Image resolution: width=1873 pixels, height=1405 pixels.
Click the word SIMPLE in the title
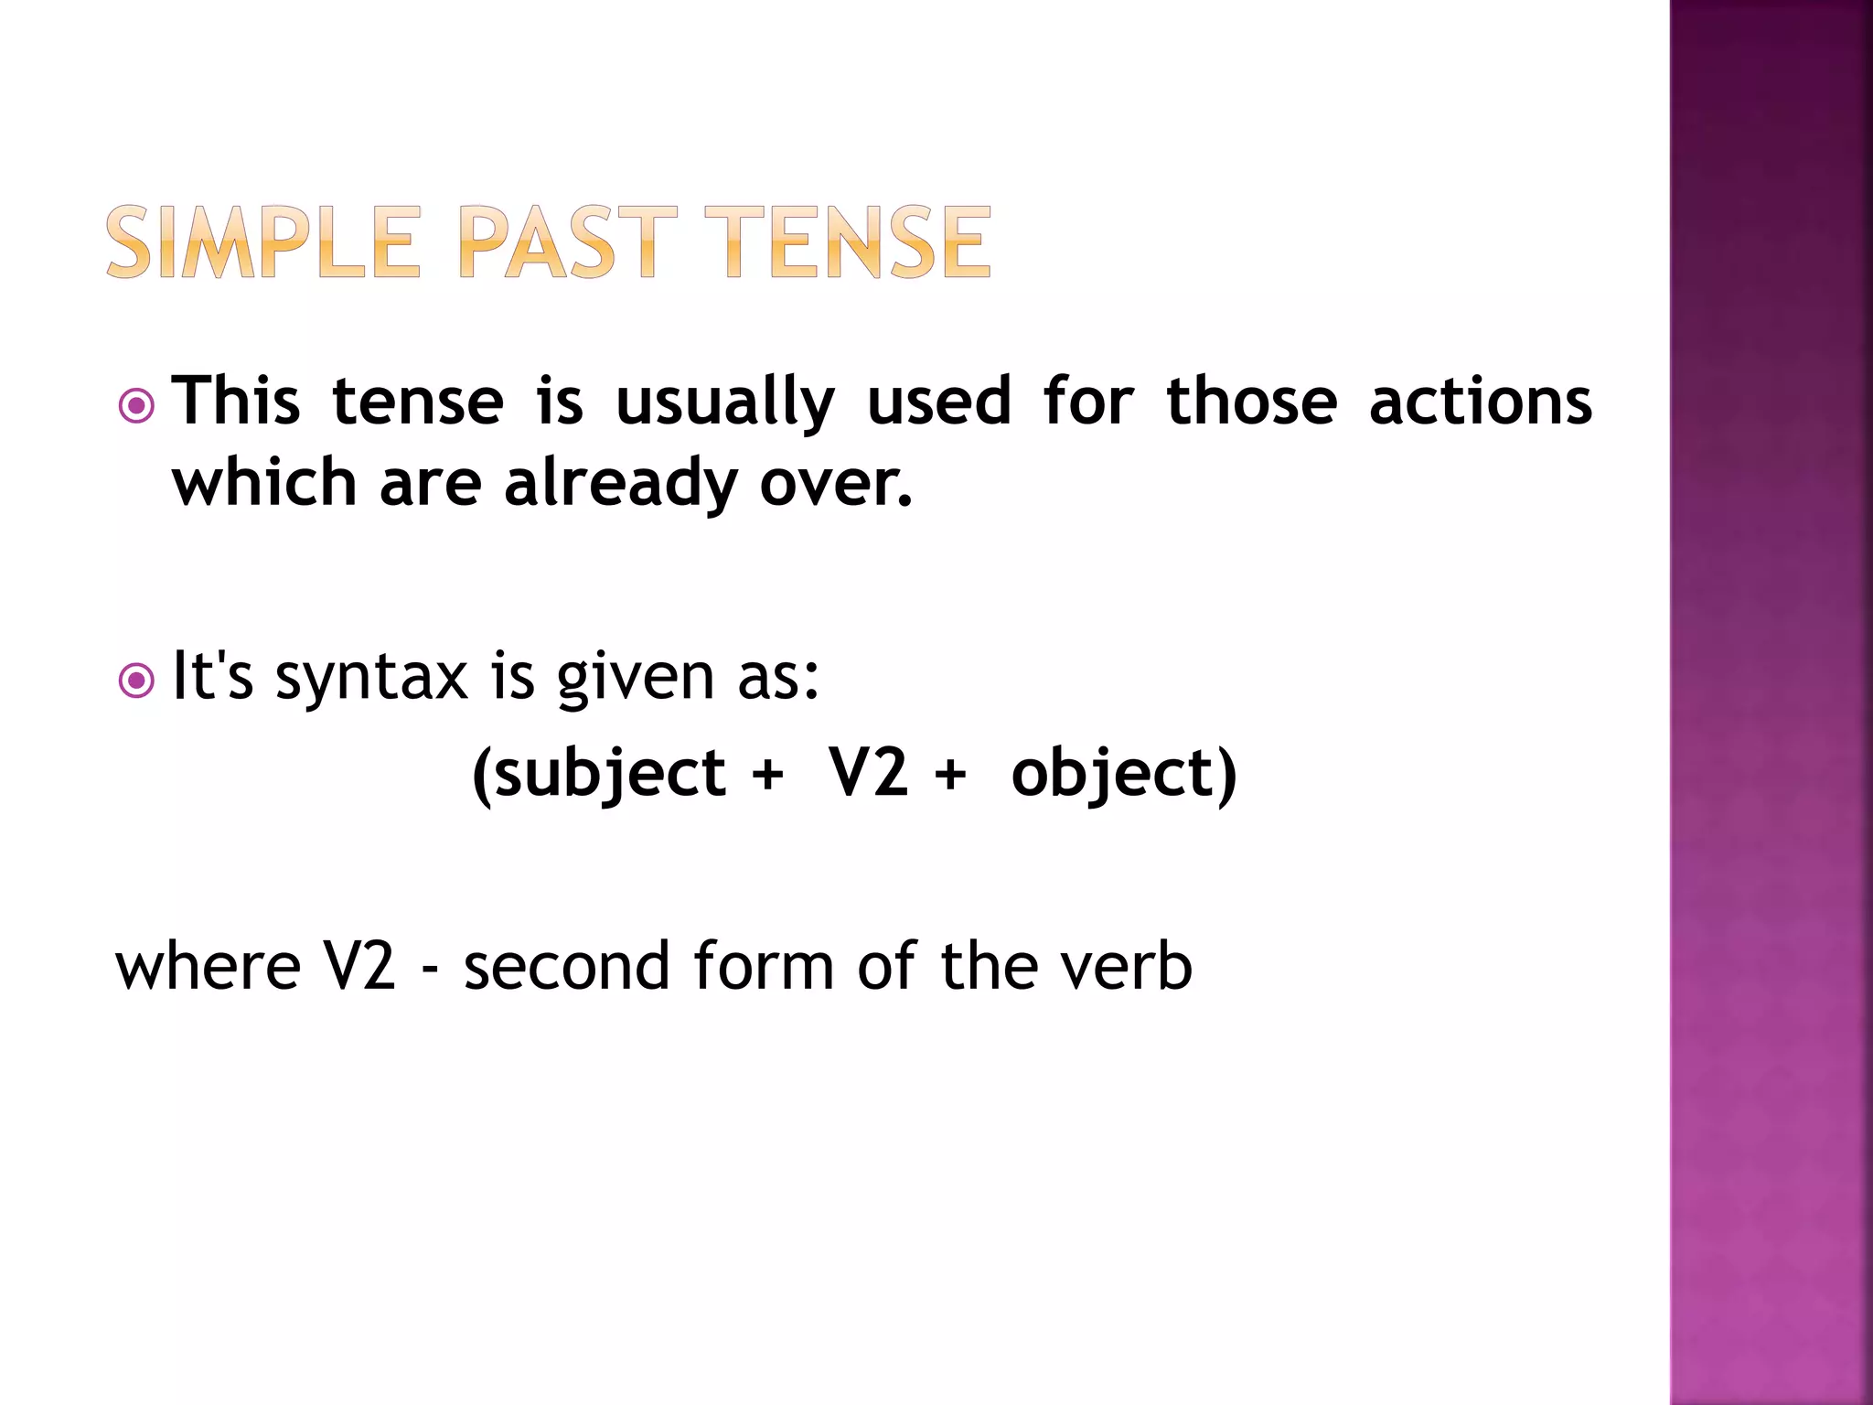pos(262,242)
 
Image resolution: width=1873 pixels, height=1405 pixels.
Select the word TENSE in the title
pos(848,242)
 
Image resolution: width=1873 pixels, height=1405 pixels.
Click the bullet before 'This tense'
pos(137,405)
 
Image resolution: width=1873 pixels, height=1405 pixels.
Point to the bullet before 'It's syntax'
pos(137,680)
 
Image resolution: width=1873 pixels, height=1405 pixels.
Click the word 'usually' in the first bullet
pos(725,402)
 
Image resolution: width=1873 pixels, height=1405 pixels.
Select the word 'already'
pos(620,484)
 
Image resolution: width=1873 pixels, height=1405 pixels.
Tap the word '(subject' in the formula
pos(599,774)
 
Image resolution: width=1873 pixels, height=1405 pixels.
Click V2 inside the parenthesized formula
pos(868,772)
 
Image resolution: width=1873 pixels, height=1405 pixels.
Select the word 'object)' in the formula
pos(1124,774)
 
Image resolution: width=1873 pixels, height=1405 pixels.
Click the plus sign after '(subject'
pos(767,774)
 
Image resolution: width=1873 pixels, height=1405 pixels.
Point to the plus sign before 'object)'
pos(950,774)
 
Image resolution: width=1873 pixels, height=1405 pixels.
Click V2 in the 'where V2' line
pos(359,966)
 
